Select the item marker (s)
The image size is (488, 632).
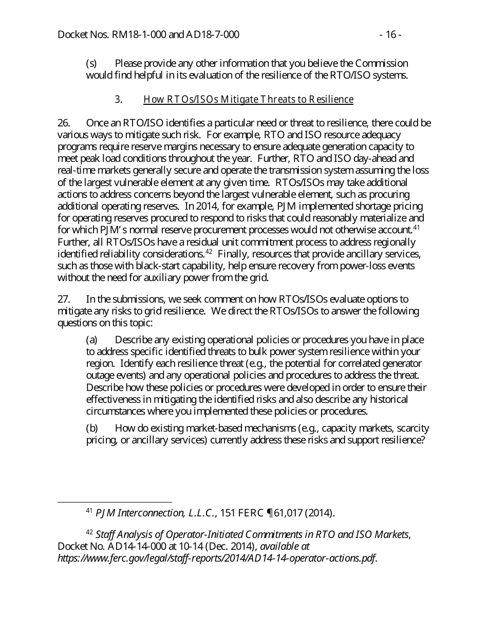click(91, 64)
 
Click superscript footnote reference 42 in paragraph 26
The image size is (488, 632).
click(209, 251)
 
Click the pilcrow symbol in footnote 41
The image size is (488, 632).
click(270, 513)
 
